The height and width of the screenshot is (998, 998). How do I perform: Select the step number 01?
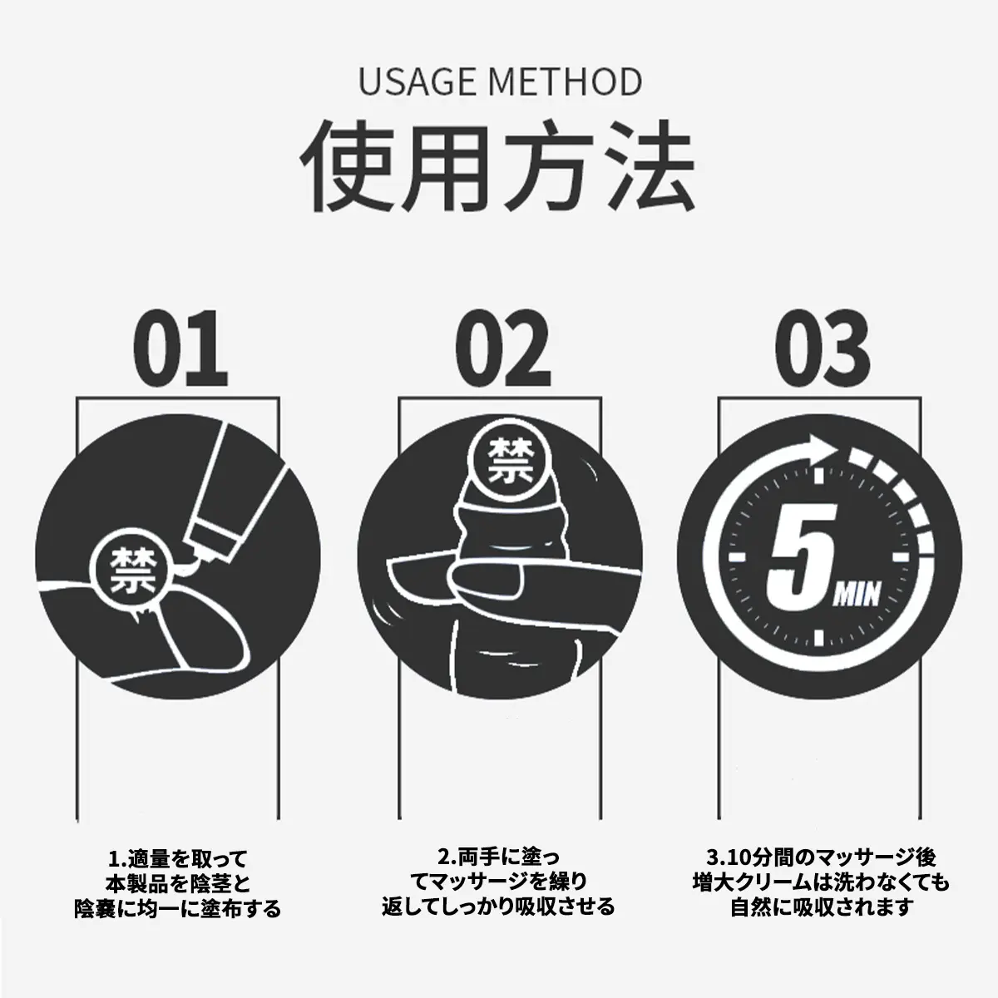[180, 348]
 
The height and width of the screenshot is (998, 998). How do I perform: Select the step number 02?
[502, 348]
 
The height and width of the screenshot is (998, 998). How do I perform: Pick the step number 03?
[823, 348]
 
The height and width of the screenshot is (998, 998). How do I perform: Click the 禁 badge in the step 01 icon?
[132, 571]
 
